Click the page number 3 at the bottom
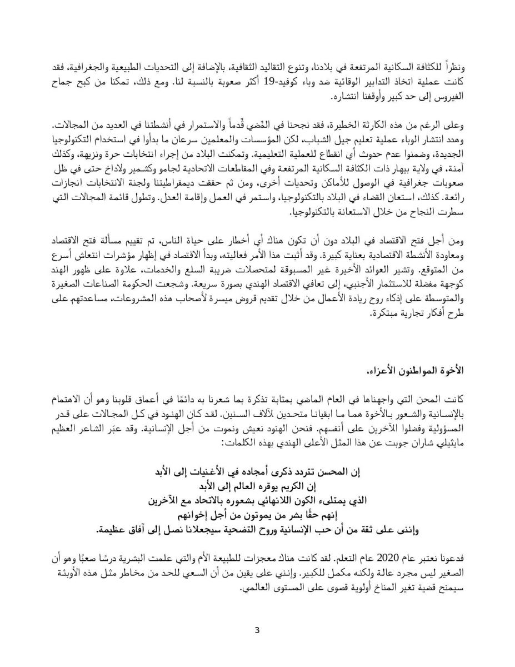(257, 630)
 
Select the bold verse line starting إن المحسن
(257, 472)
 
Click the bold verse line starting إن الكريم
(257, 487)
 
